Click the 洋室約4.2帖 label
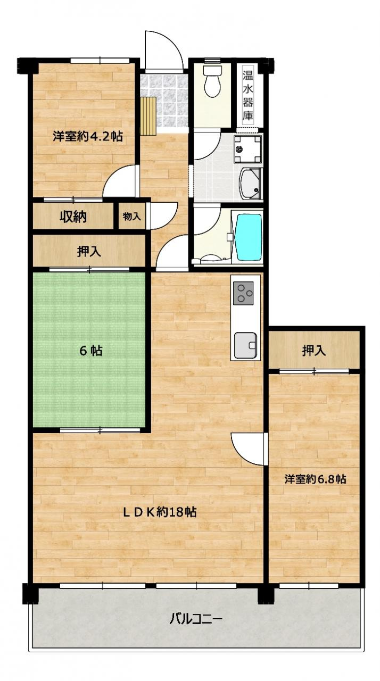[88, 137]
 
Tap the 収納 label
[73, 217]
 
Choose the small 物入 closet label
[131, 217]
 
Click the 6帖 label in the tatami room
[90, 351]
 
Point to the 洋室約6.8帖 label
[315, 479]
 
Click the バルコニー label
[195, 619]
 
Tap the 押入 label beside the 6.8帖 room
[313, 351]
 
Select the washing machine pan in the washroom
[249, 149]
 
